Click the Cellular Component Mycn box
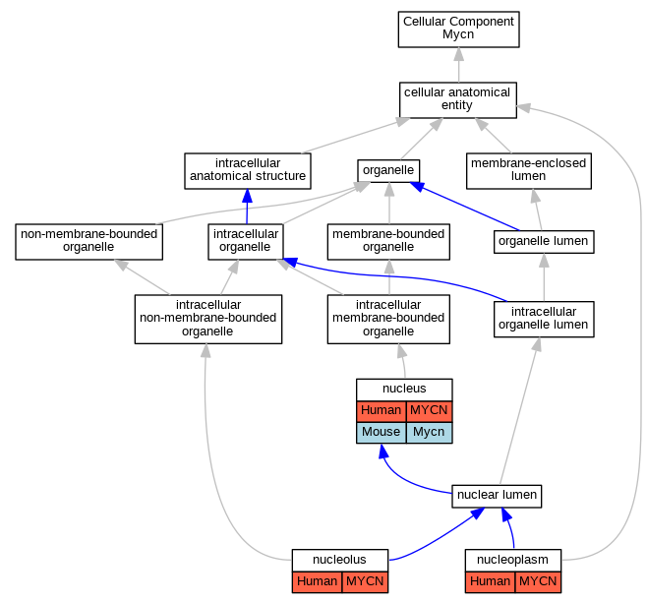pyautogui.click(x=458, y=30)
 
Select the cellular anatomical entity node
pyautogui.click(x=457, y=100)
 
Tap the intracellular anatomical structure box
pyautogui.click(x=248, y=171)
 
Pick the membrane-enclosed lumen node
pyautogui.click(x=529, y=171)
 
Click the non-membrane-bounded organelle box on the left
pyautogui.click(x=88, y=241)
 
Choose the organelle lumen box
pyautogui.click(x=544, y=241)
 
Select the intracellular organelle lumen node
pyautogui.click(x=544, y=319)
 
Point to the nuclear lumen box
pyautogui.click(x=497, y=496)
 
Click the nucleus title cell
pyautogui.click(x=404, y=390)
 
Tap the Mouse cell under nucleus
pyautogui.click(x=382, y=433)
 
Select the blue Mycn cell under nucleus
pyautogui.click(x=429, y=433)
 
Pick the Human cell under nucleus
pyautogui.click(x=382, y=411)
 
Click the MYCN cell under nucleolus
pyautogui.click(x=365, y=582)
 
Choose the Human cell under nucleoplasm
pyautogui.click(x=491, y=582)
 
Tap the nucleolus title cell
pyautogui.click(x=339, y=560)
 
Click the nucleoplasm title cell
pyautogui.click(x=513, y=560)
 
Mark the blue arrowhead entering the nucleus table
pyautogui.click(x=383, y=452)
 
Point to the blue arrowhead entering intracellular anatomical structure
pyautogui.click(x=247, y=196)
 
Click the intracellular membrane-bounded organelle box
pyautogui.click(x=388, y=319)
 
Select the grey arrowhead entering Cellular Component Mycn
pyautogui.click(x=459, y=54)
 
